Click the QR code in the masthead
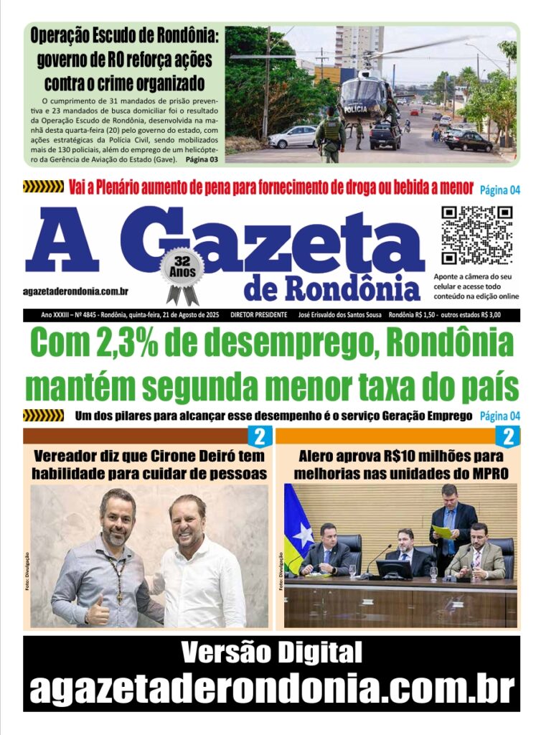pos(476,235)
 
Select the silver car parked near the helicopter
pos(292,136)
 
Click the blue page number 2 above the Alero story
pos(509,436)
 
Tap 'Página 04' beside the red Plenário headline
pos(499,189)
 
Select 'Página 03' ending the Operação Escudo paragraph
pos(203,158)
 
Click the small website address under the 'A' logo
pos(76,291)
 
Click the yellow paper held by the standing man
pos(442,531)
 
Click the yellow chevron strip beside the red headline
pos(43,187)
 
